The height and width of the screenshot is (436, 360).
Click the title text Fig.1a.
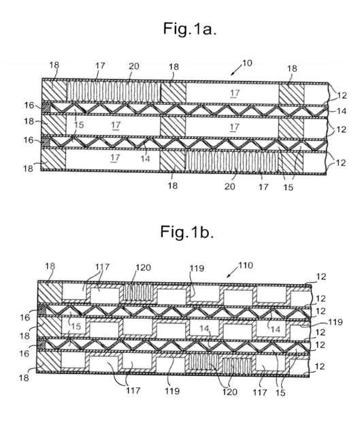pyautogui.click(x=190, y=29)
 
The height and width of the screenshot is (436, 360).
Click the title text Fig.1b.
pyautogui.click(x=187, y=232)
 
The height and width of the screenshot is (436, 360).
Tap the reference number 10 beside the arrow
pyautogui.click(x=247, y=63)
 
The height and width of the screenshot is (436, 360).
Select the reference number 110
pyautogui.click(x=246, y=265)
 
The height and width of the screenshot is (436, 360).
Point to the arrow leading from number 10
pyautogui.click(x=236, y=70)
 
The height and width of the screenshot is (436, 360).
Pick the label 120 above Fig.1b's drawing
pyautogui.click(x=143, y=268)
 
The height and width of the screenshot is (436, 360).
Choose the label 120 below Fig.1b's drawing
pyautogui.click(x=229, y=392)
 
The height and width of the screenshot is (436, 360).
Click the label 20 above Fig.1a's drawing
pyautogui.click(x=133, y=66)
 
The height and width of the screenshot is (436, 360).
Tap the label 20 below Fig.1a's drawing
pyautogui.click(x=230, y=186)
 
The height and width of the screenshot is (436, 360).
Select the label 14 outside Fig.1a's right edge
pyautogui.click(x=342, y=111)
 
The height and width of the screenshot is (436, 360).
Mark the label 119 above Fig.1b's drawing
pyautogui.click(x=197, y=268)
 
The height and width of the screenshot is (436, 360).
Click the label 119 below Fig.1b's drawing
pyautogui.click(x=172, y=391)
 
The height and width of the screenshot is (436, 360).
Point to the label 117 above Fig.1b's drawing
pyautogui.click(x=102, y=267)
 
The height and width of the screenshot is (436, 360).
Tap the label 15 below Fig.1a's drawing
pyautogui.click(x=288, y=187)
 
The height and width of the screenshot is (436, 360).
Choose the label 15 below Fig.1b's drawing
pyautogui.click(x=280, y=392)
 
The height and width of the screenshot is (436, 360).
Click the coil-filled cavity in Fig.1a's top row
pyautogui.click(x=114, y=91)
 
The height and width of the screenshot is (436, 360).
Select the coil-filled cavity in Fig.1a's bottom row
pyautogui.click(x=231, y=161)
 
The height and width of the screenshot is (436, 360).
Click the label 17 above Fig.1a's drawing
pyautogui.click(x=100, y=65)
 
